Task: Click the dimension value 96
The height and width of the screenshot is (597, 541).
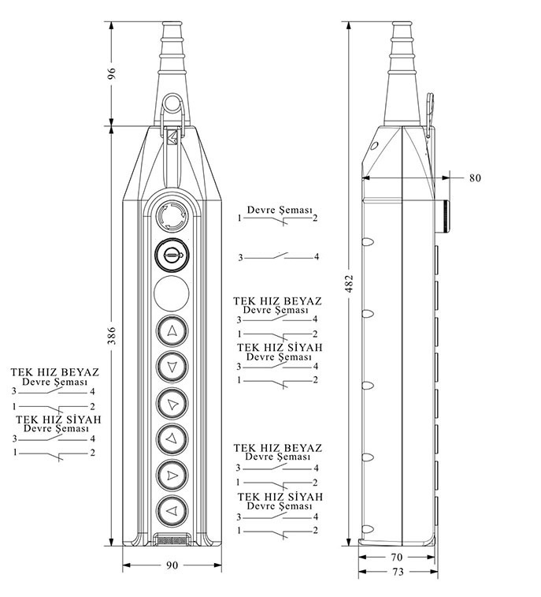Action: click(x=111, y=73)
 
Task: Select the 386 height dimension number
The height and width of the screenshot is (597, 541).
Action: click(x=111, y=335)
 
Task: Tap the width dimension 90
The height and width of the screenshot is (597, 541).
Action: click(x=172, y=565)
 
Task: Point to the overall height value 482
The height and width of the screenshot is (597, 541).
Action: click(x=349, y=283)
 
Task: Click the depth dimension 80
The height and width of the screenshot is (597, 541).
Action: click(x=475, y=177)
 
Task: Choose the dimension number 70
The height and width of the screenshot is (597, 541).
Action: click(x=397, y=557)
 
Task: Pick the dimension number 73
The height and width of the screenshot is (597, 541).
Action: click(x=397, y=572)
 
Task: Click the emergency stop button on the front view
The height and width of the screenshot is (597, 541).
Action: click(x=172, y=215)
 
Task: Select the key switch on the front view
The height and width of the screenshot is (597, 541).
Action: click(x=172, y=255)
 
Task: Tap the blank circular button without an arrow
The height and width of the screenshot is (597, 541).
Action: click(x=172, y=293)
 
